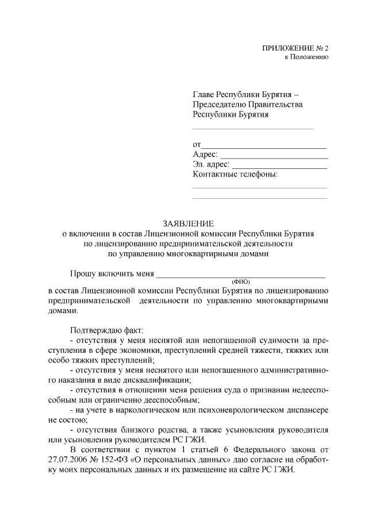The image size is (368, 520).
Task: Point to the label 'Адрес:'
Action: point(205,155)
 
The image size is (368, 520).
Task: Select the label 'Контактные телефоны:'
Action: point(235,175)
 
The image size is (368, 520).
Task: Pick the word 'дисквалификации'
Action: point(159,380)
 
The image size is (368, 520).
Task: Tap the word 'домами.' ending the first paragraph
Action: point(63,310)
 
